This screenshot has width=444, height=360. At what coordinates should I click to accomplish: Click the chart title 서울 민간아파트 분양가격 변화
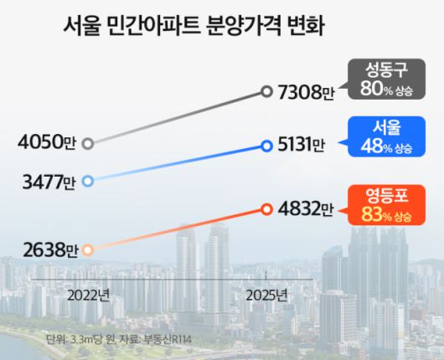click(x=194, y=26)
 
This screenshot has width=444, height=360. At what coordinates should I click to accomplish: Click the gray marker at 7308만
click(x=266, y=91)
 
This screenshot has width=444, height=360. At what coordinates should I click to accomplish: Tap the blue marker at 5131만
click(x=266, y=147)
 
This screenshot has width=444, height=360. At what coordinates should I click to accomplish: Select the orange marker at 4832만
click(x=266, y=208)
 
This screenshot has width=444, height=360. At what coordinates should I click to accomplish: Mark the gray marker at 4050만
click(x=88, y=143)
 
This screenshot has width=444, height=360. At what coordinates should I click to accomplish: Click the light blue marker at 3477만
click(x=88, y=181)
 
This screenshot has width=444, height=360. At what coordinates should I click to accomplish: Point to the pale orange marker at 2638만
click(x=88, y=249)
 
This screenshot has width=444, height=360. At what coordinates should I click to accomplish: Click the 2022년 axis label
click(x=89, y=295)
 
